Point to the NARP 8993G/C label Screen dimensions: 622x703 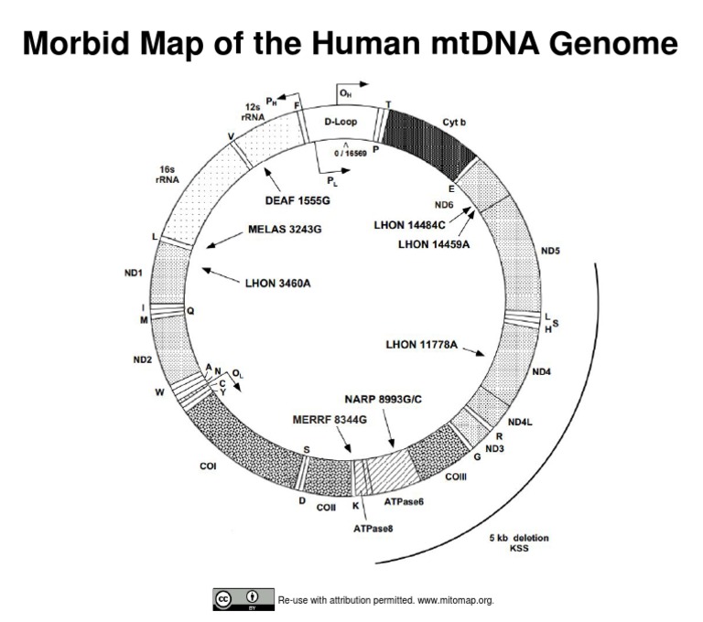point(388,400)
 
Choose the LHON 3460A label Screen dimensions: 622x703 point(278,284)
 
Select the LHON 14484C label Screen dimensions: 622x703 point(409,224)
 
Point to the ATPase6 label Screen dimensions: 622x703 point(404,502)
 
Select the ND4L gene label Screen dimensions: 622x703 point(519,422)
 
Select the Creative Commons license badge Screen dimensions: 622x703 point(243,599)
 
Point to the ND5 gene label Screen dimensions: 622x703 point(550,250)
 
